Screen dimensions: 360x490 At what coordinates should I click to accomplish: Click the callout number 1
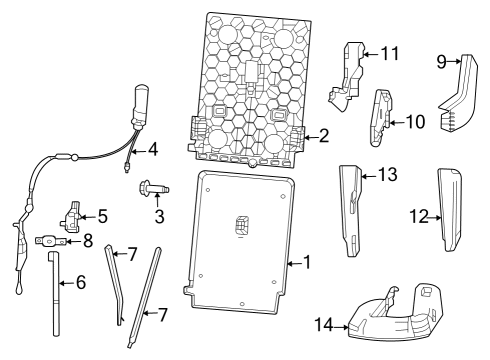pyautogui.click(x=308, y=263)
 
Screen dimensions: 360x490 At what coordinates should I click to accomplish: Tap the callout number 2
pyautogui.click(x=322, y=136)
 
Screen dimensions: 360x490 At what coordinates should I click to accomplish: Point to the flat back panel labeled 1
pyautogui.click(x=240, y=240)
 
